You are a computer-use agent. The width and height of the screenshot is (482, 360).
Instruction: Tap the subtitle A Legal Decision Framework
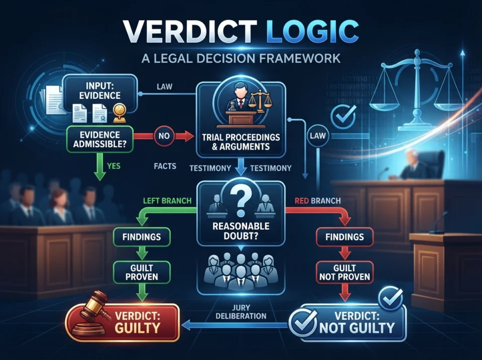[x=241, y=58]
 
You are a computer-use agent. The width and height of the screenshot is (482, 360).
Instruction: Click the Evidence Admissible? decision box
[x=99, y=139]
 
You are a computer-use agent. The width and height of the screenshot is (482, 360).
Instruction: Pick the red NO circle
[x=164, y=136]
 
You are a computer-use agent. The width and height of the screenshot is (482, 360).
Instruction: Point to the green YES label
[x=114, y=166]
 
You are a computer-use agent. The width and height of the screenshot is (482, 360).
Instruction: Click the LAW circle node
[x=317, y=136]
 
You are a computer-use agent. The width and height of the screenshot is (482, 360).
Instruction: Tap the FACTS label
[x=165, y=166]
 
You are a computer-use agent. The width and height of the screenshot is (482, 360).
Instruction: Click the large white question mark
[x=240, y=202]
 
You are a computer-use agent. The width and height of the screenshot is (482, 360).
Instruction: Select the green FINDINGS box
[x=142, y=236]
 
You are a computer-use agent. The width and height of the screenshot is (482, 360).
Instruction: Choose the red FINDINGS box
[x=344, y=236]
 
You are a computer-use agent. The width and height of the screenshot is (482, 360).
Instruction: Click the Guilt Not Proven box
[x=344, y=272]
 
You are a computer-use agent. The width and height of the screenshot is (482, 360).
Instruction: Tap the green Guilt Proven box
[x=142, y=272]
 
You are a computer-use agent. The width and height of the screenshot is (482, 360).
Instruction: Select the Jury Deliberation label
[x=240, y=312]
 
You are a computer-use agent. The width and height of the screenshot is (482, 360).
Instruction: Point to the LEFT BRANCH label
[x=167, y=201]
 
